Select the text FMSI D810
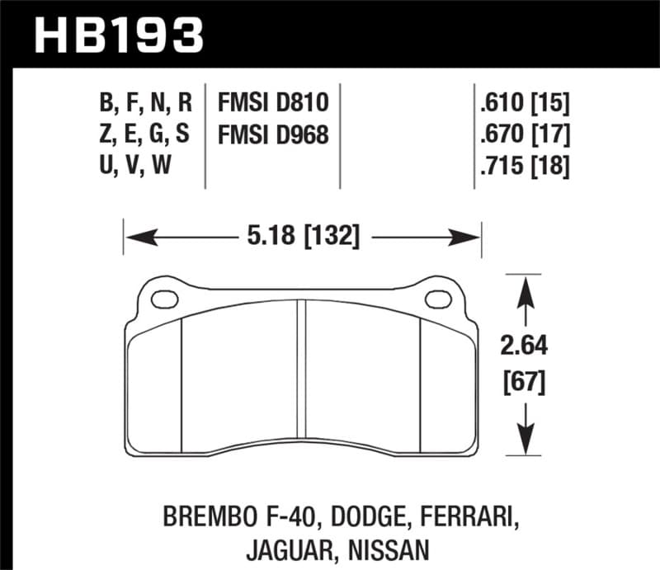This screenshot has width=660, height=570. click(x=273, y=103)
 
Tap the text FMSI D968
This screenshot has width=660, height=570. click(x=273, y=134)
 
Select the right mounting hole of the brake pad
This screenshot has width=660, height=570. click(x=437, y=298)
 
